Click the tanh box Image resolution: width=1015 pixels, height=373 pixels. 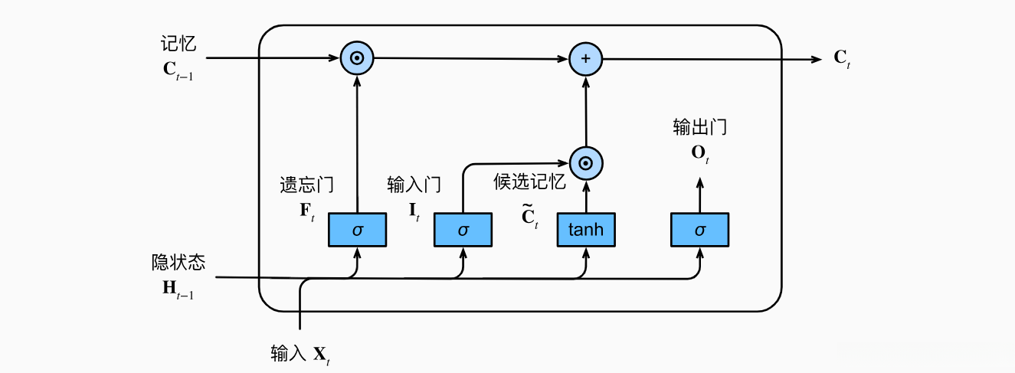tap(585, 230)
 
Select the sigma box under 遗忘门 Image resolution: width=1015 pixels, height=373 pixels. tap(357, 230)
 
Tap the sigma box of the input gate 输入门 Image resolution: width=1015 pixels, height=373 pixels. tap(463, 230)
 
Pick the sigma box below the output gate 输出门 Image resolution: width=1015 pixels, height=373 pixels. tap(699, 230)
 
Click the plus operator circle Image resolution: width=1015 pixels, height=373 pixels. tap(586, 59)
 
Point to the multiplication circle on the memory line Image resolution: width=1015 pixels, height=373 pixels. tap(357, 59)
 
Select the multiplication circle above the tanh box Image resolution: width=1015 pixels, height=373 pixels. tap(586, 162)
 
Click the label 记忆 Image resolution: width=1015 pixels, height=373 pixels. tap(178, 45)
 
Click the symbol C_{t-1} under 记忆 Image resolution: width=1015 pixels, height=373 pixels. tap(178, 70)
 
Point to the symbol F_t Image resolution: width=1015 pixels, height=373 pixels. tap(306, 211)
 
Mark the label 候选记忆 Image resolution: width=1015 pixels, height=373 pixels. tap(529, 182)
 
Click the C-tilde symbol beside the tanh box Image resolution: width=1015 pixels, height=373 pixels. tap(529, 217)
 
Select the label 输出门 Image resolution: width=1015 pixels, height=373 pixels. tap(699, 127)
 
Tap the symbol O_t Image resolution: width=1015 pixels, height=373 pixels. tap(699, 153)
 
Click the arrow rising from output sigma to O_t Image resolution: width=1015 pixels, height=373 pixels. tap(699, 195)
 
